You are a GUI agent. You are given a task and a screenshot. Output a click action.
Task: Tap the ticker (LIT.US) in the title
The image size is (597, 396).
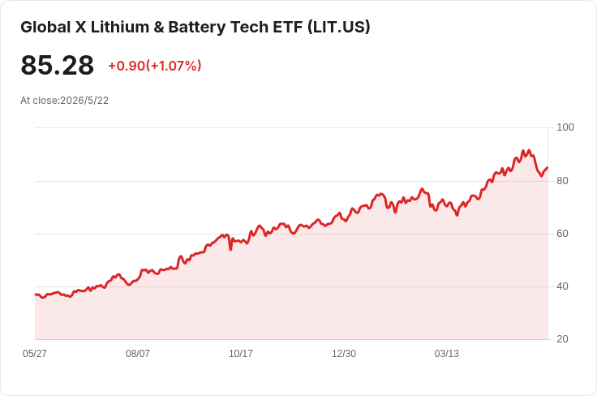click(x=338, y=27)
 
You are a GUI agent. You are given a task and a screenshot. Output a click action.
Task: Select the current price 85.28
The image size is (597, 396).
click(x=57, y=65)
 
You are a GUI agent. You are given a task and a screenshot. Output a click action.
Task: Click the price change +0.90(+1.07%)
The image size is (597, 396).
click(x=155, y=66)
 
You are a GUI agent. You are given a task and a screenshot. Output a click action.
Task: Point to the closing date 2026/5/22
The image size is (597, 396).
click(x=84, y=101)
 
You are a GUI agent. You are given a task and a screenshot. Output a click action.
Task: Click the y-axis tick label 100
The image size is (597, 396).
click(x=565, y=127)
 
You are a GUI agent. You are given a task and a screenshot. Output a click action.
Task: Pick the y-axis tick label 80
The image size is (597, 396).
click(x=562, y=181)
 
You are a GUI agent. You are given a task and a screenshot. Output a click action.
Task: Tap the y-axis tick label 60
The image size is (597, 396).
click(x=562, y=234)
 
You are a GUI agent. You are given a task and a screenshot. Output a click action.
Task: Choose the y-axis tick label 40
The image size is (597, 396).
click(x=562, y=286)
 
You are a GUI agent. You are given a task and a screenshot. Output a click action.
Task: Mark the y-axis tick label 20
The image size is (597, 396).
click(x=562, y=339)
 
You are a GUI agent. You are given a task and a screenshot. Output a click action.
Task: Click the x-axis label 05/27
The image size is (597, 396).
click(x=35, y=354)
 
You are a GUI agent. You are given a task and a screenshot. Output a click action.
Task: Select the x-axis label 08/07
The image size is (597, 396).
click(x=138, y=354)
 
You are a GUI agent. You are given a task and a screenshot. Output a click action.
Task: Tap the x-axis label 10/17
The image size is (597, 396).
click(x=241, y=354)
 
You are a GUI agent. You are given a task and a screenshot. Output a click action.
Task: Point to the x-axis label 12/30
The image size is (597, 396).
click(x=344, y=354)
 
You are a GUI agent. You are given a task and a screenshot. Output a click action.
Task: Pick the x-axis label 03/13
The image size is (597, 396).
click(x=447, y=354)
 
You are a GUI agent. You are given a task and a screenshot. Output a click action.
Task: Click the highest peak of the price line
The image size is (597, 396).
click(x=523, y=151)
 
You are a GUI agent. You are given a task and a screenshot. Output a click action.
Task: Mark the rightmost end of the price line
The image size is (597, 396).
click(x=548, y=167)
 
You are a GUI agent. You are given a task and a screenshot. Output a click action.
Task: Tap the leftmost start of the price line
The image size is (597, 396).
click(x=36, y=294)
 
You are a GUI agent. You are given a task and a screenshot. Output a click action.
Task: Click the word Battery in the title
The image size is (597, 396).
click(x=197, y=27)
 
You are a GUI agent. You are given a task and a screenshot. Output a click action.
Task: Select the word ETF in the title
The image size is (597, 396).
click(x=288, y=27)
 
